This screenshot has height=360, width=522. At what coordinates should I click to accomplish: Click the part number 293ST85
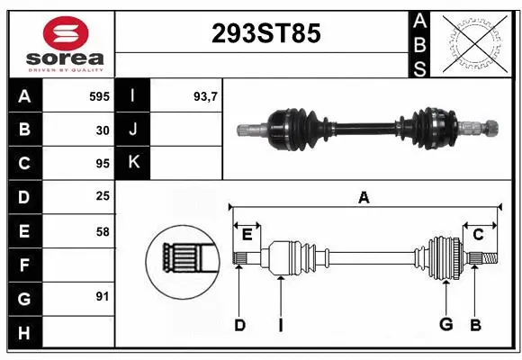coord(265,34)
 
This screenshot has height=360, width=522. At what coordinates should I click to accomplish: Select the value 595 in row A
coord(99,95)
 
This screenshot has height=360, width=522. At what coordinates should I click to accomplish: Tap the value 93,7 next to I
coord(206,95)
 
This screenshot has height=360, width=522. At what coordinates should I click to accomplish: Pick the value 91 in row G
coord(102,296)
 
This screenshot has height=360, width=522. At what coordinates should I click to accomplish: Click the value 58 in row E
coord(102,231)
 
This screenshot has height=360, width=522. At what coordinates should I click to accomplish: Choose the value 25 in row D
coord(102,195)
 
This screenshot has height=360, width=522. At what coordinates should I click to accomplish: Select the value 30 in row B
coord(102,130)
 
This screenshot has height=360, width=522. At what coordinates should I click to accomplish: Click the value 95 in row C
coord(102,163)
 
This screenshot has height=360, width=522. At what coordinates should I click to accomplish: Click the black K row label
coord(133,163)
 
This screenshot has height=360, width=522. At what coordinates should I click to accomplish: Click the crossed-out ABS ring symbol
coord(475,41)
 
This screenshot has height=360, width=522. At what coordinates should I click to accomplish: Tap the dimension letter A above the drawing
coord(364,197)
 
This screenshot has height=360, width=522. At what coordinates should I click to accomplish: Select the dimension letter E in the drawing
coord(247,234)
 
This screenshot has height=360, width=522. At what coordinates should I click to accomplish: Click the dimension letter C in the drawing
coord(478,234)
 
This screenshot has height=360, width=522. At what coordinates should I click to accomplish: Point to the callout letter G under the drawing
coord(445,324)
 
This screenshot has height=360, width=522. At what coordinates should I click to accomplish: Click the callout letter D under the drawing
coord(239,324)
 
